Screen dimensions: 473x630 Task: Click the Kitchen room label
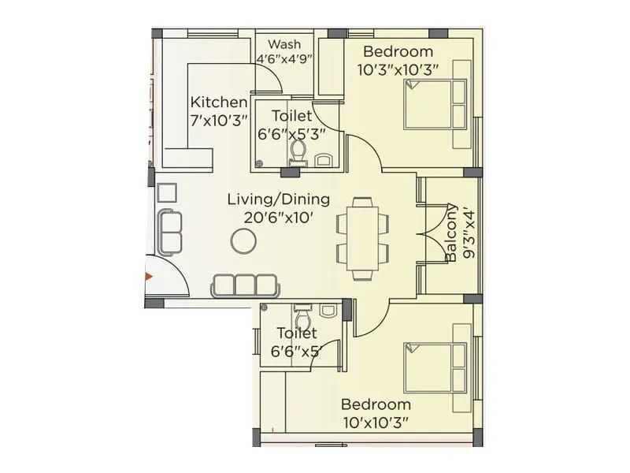219,102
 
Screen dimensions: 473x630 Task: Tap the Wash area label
283,44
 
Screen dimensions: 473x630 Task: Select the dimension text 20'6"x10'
279,218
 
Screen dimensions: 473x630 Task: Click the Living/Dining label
279,199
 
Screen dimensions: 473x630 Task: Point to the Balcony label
452,233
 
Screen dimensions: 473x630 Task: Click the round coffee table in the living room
243,242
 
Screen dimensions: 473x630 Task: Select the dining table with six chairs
363,238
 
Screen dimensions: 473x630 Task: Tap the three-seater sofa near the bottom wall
244,285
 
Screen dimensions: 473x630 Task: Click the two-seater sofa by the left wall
169,230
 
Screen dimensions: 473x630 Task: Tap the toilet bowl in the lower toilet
301,316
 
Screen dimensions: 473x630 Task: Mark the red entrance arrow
149,277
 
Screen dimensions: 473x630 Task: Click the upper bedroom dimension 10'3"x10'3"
398,69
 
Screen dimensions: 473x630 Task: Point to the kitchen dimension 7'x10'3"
219,120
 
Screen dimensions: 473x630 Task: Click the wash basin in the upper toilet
324,161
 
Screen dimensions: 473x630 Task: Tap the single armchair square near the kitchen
166,193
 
